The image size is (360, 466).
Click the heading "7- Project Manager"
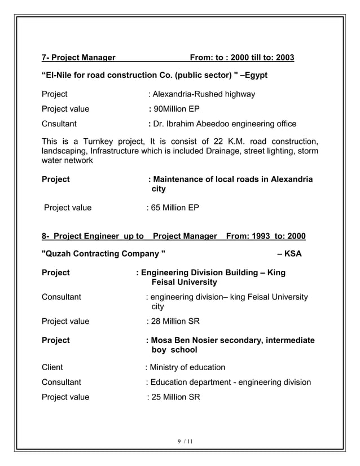(79, 58)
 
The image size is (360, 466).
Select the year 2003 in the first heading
(283, 58)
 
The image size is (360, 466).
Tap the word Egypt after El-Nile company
(254, 75)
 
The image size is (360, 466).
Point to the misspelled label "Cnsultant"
(60, 124)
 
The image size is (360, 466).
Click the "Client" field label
(52, 367)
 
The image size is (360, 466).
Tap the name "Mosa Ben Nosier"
(187, 340)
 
